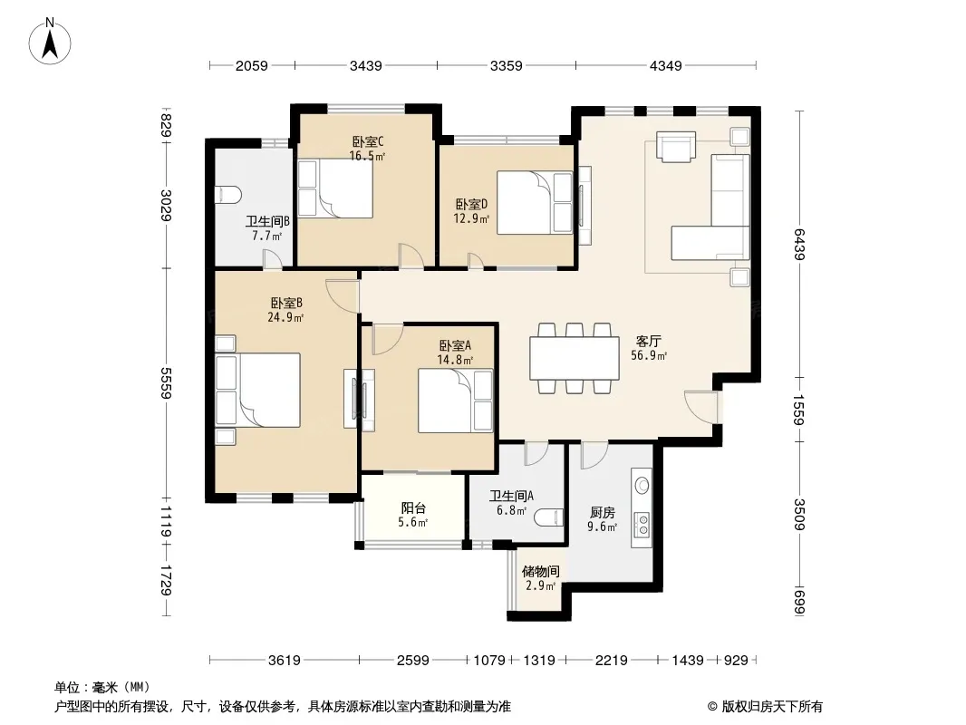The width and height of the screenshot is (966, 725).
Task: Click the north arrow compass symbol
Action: click(x=50, y=42)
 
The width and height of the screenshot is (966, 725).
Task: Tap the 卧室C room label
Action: click(x=369, y=142)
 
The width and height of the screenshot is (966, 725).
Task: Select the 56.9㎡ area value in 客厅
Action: click(x=649, y=355)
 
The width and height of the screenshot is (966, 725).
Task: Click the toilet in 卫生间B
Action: click(x=227, y=195)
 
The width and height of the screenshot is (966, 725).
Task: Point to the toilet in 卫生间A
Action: click(x=548, y=517)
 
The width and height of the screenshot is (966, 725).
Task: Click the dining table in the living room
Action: click(x=575, y=358)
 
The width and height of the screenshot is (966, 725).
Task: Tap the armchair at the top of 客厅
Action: click(x=675, y=147)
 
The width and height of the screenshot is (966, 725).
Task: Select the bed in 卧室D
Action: click(x=535, y=203)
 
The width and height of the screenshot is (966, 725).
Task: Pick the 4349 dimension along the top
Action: click(x=666, y=65)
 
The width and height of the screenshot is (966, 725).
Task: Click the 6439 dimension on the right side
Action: click(x=799, y=245)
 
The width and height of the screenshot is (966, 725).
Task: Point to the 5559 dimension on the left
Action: click(x=166, y=382)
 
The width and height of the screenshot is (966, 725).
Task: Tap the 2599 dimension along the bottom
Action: click(x=412, y=661)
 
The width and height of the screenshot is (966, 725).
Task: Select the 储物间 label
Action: click(x=540, y=572)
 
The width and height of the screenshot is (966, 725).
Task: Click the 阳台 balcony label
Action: click(x=413, y=508)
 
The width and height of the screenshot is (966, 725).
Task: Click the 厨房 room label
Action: click(x=602, y=513)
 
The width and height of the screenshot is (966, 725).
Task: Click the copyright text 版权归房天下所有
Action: click(x=772, y=707)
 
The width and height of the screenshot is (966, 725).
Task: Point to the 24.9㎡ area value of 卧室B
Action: click(x=285, y=318)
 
